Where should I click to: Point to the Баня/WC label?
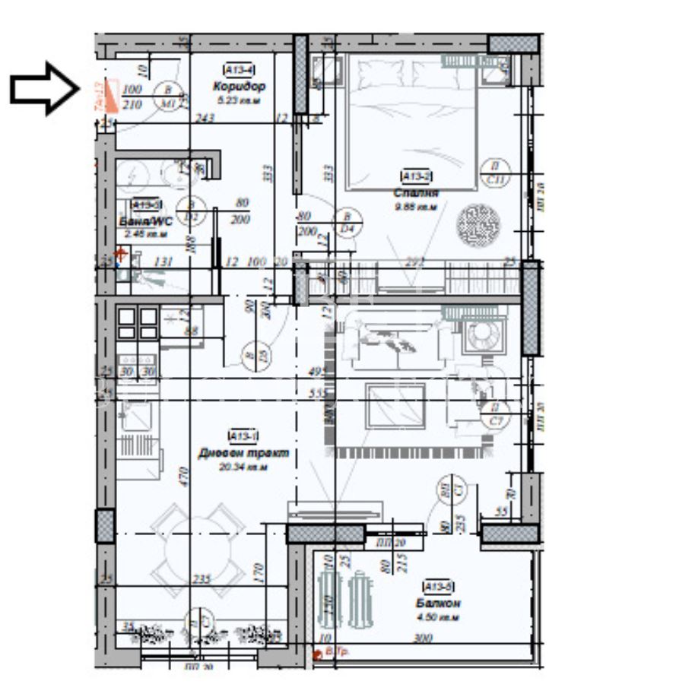tap(144, 221)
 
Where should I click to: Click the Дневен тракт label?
tap(243, 453)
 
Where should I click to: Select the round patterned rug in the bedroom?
tap(479, 223)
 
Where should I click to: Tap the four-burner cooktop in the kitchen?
tap(138, 322)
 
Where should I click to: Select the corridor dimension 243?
tap(204, 118)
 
